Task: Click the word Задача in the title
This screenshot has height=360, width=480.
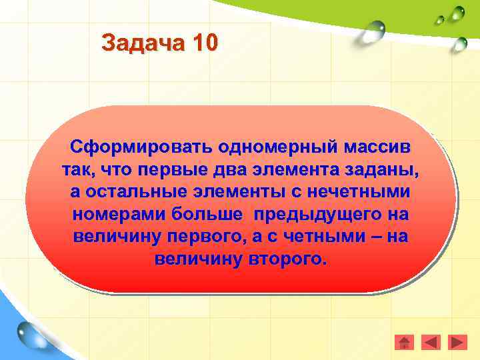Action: [143, 43]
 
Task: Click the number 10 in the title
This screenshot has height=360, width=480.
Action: [204, 43]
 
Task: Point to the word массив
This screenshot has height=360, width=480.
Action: [377, 146]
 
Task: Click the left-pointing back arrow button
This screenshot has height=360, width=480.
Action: [431, 342]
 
